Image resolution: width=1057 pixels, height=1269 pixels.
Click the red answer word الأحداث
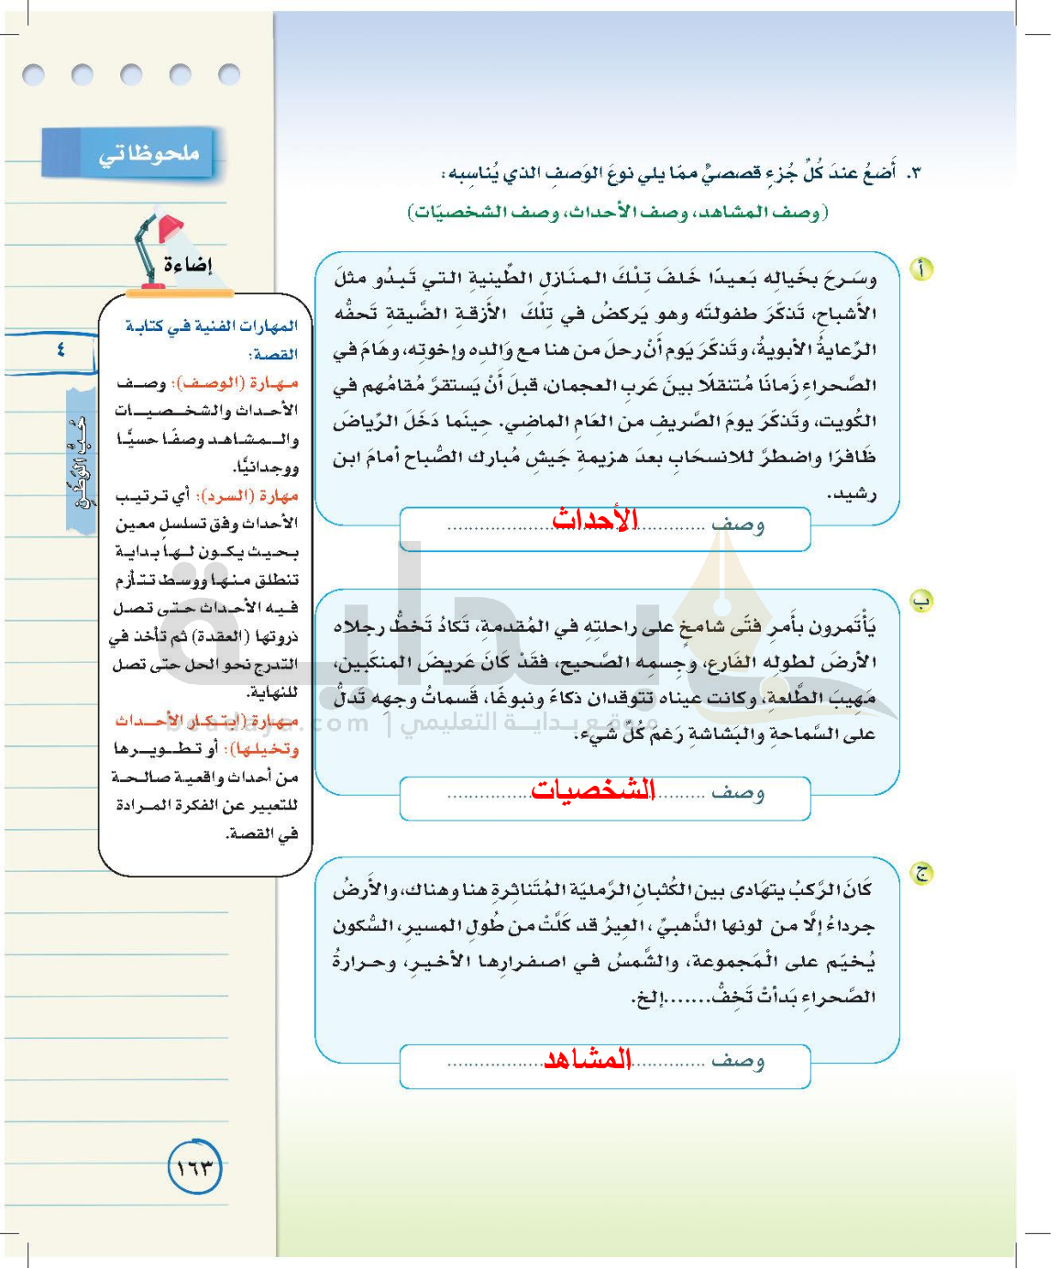coord(594,520)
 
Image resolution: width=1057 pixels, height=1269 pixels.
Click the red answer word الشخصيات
coord(592,789)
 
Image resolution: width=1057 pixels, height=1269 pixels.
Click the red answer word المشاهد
coord(588,1059)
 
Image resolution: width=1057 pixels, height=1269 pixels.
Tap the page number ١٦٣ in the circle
coord(195,1167)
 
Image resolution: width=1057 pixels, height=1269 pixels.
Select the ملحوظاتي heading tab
coord(147,153)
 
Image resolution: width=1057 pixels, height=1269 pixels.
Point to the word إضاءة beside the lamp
coord(187,265)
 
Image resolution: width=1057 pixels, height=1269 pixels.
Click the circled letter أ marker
coord(920,270)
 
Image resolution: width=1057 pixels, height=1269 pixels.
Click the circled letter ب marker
coord(920,601)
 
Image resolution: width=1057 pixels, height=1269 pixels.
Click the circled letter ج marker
coord(920,873)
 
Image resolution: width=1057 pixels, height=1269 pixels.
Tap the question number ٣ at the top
coord(913,172)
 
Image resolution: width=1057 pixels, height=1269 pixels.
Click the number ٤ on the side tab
coord(61,350)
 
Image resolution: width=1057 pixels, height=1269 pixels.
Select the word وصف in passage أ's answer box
coord(738,524)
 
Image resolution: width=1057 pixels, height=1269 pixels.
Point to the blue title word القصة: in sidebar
coord(274,355)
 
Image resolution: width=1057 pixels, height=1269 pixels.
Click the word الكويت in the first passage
coord(849,421)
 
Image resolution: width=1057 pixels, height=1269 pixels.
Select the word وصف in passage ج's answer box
coord(738,1061)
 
